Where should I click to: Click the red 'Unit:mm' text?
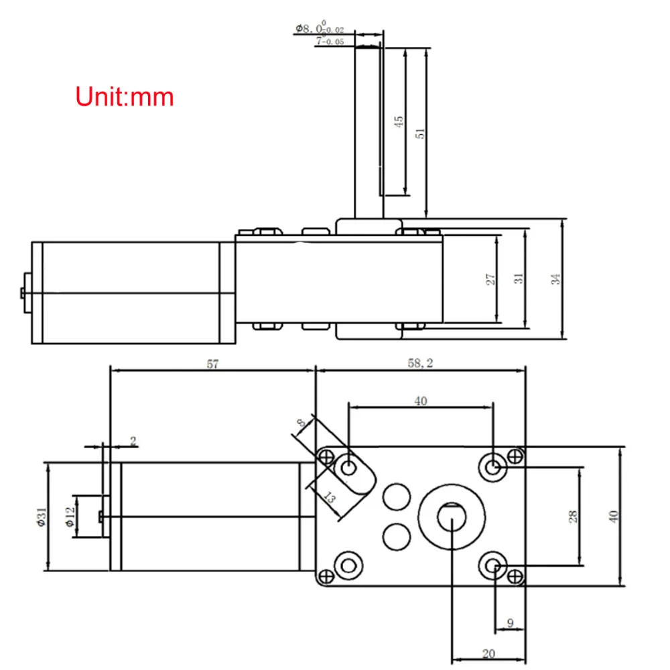tap(125, 96)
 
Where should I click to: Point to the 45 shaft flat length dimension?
tap(399, 122)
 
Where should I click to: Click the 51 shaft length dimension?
tap(421, 132)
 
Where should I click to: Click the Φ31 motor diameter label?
tap(40, 517)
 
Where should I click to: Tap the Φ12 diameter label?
tap(69, 517)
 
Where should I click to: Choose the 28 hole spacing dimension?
tap(572, 516)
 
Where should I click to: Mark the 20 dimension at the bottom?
tap(488, 653)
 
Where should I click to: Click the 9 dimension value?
tap(510, 624)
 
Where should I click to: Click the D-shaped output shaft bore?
tap(452, 517)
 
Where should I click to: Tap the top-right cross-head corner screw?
tap(515, 456)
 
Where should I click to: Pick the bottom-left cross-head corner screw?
tap(326, 576)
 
